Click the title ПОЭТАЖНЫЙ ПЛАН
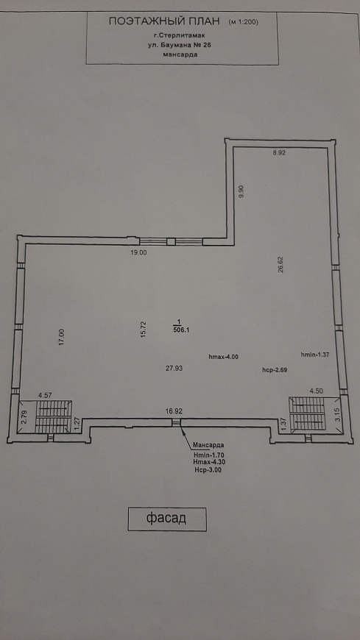(x=164, y=21)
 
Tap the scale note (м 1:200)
(x=244, y=22)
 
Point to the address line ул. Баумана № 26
(x=180, y=46)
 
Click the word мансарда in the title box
(x=180, y=55)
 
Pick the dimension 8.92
(x=279, y=153)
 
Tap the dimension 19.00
(x=138, y=252)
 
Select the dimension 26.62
(x=280, y=264)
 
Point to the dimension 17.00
(x=62, y=338)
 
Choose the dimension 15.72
(x=144, y=329)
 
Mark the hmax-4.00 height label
(x=223, y=357)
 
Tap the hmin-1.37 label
(x=315, y=355)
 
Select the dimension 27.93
(x=174, y=368)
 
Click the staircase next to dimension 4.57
(x=54, y=416)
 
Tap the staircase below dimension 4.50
(x=308, y=413)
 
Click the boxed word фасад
(x=166, y=519)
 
